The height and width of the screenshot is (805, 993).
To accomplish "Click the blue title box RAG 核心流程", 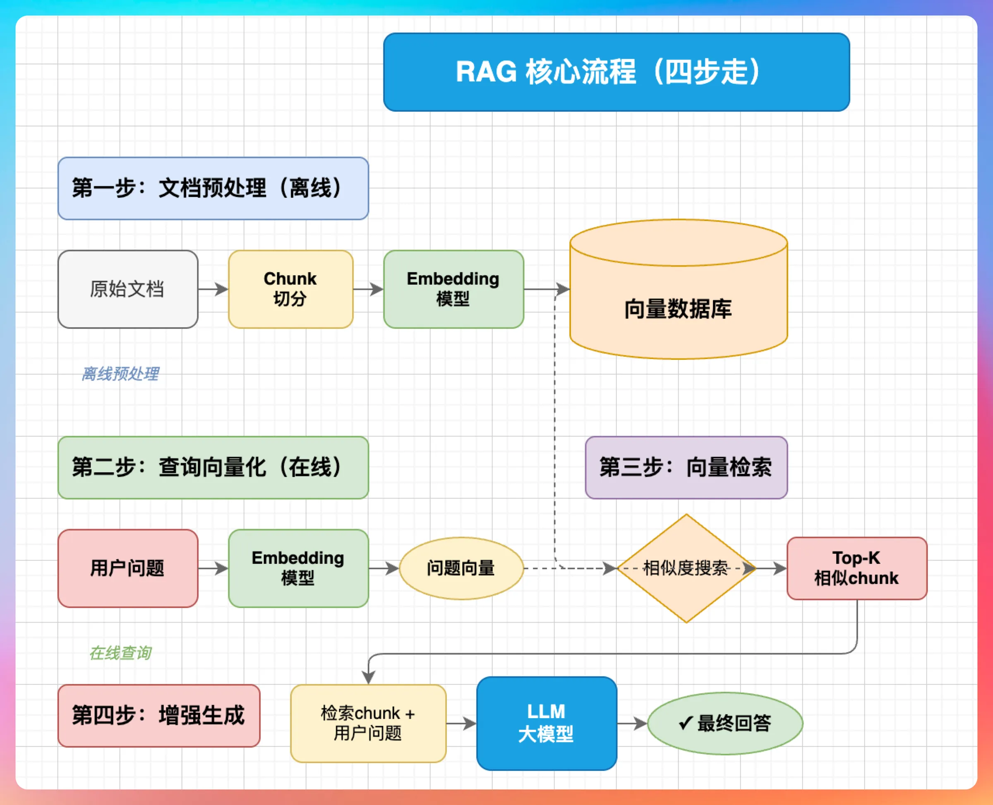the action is tap(616, 72).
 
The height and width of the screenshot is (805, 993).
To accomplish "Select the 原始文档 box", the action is tap(128, 289).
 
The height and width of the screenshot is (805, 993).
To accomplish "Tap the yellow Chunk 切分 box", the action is tap(291, 289).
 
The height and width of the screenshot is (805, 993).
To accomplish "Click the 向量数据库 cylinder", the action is tap(679, 289).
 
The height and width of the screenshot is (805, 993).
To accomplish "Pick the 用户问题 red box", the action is tap(128, 568).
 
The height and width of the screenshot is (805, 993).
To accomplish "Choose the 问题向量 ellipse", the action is tap(461, 568).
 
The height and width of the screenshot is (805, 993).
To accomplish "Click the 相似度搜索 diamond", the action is tap(686, 568).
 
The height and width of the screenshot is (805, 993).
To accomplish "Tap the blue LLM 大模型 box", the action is tap(547, 724).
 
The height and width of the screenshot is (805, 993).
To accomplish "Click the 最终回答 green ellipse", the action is tap(725, 724).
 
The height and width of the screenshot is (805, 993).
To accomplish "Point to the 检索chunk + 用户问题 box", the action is tap(368, 724).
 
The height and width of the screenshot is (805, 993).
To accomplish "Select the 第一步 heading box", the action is tap(213, 188).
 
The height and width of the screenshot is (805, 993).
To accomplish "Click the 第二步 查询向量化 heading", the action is tap(213, 467).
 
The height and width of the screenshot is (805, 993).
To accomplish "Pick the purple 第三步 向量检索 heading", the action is tap(686, 467).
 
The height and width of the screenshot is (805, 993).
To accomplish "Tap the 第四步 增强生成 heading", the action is tap(159, 716).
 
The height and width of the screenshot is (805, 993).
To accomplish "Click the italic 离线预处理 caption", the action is tap(120, 374).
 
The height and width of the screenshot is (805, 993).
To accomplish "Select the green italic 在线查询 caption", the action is tap(120, 653).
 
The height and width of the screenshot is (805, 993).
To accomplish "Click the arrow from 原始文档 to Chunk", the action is tap(213, 289).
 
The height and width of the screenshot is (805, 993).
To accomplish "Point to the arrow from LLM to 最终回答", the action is tap(632, 724).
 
